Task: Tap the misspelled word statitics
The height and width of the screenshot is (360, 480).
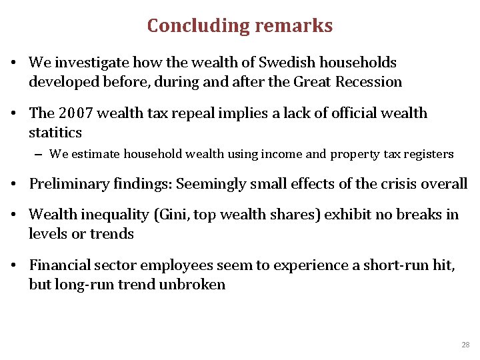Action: coord(55,133)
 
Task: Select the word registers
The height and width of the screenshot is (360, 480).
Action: coord(427,154)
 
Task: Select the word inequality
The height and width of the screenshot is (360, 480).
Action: coord(114,215)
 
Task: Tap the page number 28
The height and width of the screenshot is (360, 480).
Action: coord(465,345)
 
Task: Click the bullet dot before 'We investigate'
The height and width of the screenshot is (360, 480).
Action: coord(13,63)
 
